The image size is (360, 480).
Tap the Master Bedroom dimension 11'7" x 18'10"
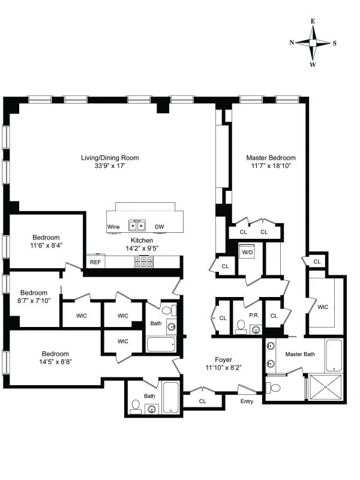click(271, 166)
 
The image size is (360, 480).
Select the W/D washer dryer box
click(247, 253)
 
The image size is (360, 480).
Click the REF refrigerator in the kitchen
click(95, 262)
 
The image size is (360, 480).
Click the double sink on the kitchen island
click(137, 226)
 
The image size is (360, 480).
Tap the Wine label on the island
click(113, 227)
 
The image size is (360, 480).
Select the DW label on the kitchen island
click(159, 227)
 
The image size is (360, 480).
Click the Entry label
click(247, 401)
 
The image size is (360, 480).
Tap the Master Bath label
click(299, 355)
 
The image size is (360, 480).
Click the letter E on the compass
click(313, 21)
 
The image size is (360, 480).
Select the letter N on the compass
click(292, 43)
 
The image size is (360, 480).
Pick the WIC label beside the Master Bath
click(323, 307)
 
